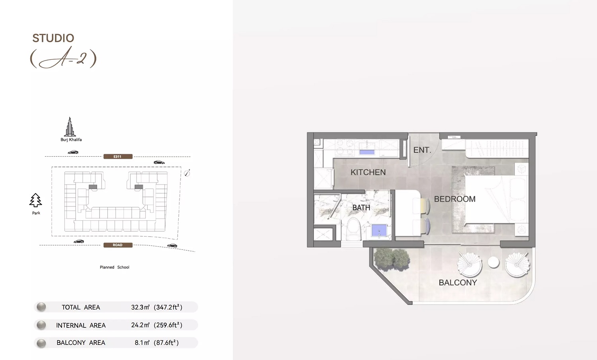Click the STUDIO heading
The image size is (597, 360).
click(53, 38)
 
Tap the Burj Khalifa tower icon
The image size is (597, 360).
click(70, 127)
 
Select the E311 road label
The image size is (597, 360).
click(117, 157)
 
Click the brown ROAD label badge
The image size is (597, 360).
click(117, 245)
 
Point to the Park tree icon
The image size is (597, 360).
click(36, 200)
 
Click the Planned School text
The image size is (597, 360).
click(115, 267)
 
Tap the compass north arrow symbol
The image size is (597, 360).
click(187, 173)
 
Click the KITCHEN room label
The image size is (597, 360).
click(368, 172)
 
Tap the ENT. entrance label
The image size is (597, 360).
click(422, 150)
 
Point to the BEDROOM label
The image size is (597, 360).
click(455, 199)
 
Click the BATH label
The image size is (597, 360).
click(361, 208)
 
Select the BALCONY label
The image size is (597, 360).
click(458, 282)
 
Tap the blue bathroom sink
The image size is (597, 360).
click(379, 230)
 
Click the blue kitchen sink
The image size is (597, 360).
click(367, 152)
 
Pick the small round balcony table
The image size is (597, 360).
click(494, 263)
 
